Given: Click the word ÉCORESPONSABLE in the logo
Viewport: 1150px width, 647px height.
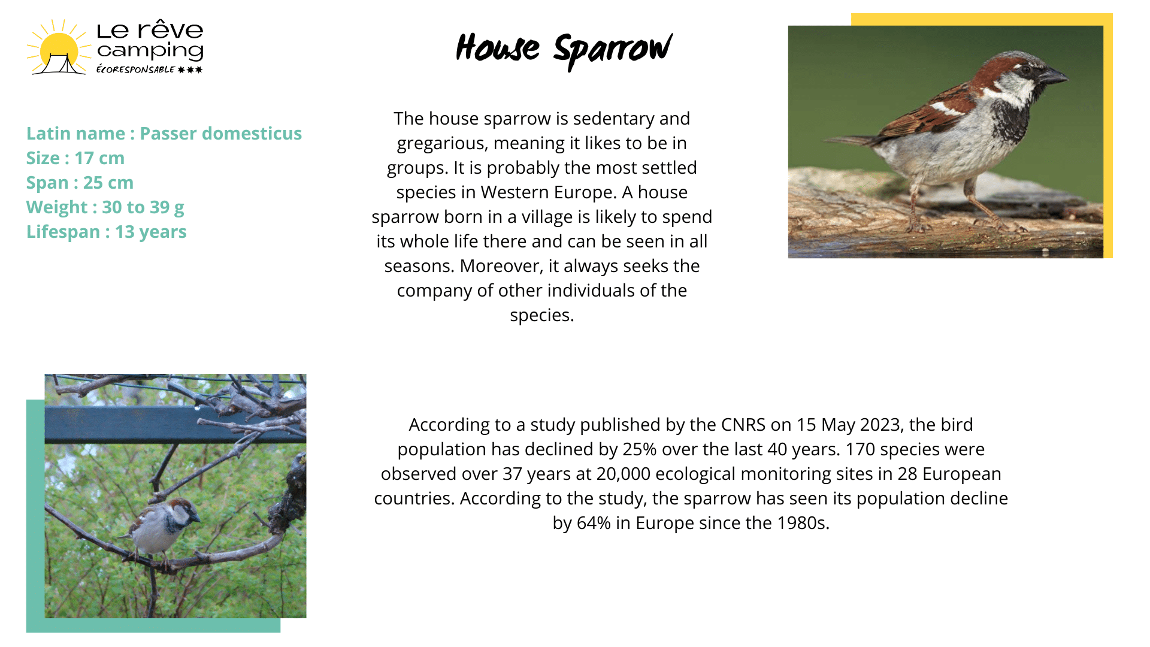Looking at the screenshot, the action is tap(135, 69).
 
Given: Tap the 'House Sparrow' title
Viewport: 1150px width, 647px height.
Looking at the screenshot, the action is tap(564, 50).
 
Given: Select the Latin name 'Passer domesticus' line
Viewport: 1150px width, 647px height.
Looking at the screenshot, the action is tap(164, 133).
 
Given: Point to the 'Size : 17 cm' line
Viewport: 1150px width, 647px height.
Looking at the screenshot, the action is tap(75, 158).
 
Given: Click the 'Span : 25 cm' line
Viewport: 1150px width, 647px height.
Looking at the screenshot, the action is tap(80, 183).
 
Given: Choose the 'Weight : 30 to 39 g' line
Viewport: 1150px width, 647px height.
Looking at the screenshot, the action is tap(105, 207).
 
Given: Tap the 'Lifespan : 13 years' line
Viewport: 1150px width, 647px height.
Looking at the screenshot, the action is tap(107, 232).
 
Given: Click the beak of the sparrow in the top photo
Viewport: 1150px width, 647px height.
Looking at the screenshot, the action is tap(1054, 76).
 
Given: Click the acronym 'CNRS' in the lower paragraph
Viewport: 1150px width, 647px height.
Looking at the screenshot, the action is tap(743, 425).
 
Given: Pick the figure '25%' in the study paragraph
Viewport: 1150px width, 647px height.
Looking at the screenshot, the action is tap(640, 449).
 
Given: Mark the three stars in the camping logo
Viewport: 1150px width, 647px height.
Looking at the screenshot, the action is tap(190, 69).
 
